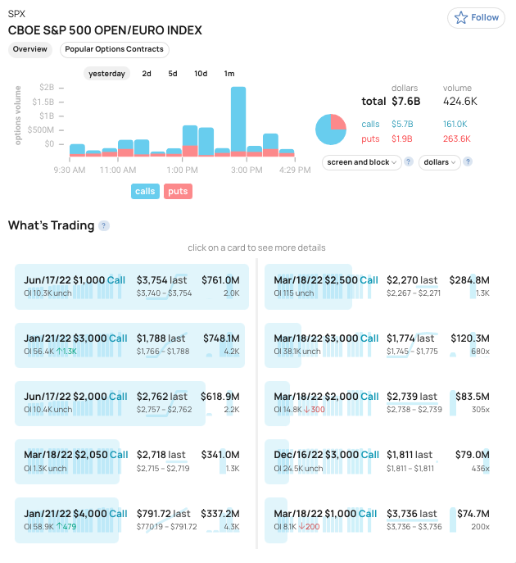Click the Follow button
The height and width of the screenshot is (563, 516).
coord(475,17)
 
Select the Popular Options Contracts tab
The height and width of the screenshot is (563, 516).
coord(114,49)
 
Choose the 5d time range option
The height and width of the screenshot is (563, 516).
coord(173,74)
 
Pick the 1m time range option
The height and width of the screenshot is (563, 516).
coord(229,74)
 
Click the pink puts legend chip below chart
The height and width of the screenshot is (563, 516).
coord(178,191)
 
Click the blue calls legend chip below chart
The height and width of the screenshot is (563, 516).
coord(145,191)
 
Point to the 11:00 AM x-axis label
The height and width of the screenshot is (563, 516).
coord(118,170)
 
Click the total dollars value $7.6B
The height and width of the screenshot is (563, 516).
coord(405,102)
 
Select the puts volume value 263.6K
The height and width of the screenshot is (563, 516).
coord(457,138)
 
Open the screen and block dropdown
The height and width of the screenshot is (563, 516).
coord(362,162)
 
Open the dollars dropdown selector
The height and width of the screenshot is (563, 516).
coord(439,162)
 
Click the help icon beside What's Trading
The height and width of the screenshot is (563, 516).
coord(104,226)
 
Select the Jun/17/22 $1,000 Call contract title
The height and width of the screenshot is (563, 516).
coord(75,280)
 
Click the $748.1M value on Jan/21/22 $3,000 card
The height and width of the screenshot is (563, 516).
coord(220,338)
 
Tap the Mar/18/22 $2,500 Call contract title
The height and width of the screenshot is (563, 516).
coord(326,280)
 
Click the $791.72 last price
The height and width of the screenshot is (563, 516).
coord(164,514)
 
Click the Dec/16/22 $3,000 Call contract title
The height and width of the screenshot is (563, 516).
coord(326,455)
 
